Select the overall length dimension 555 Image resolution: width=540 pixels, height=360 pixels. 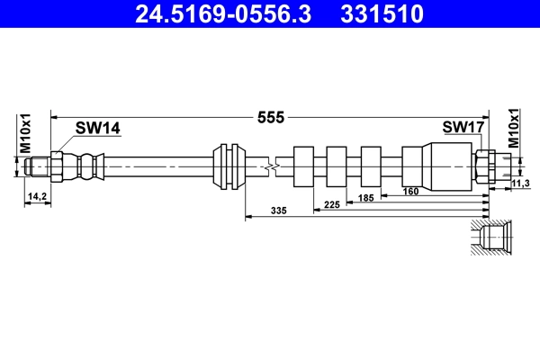point(271,117)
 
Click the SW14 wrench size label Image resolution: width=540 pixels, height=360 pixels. point(97,129)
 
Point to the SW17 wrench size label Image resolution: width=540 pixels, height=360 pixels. point(463,129)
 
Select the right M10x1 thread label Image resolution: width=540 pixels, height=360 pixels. point(514,128)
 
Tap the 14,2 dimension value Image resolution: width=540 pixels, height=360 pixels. point(38,195)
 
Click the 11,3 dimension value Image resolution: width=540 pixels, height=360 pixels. point(520,184)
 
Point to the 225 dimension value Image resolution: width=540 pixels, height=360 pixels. point(331,203)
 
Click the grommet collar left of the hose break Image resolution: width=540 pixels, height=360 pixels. point(229,166)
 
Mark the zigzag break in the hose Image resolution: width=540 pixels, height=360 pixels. point(271,166)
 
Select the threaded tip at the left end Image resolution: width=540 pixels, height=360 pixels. point(37,166)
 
